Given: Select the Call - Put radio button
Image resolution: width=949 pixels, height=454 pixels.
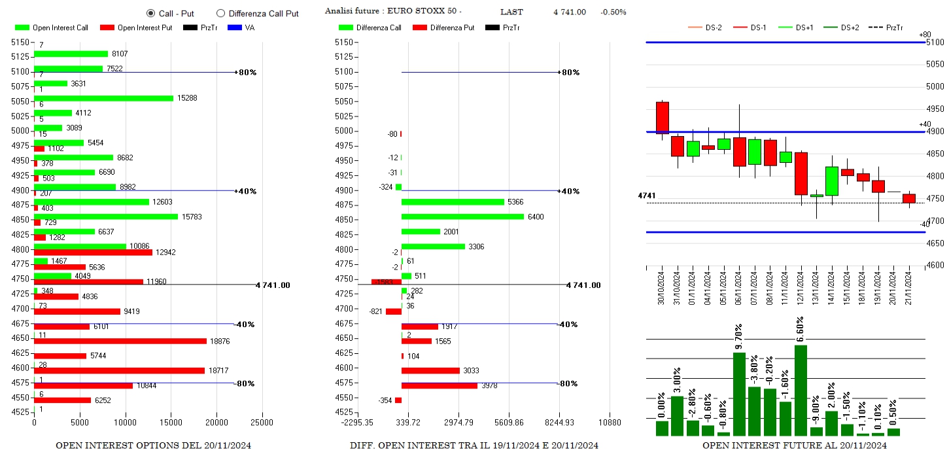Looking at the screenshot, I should (150, 13).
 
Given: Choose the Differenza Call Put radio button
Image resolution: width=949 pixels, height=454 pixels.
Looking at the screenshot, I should (220, 13).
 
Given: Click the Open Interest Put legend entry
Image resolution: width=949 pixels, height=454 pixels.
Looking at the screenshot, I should (137, 28).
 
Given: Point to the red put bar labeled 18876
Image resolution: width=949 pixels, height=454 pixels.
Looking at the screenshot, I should (120, 341).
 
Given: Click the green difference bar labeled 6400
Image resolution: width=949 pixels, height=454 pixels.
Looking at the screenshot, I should (462, 217).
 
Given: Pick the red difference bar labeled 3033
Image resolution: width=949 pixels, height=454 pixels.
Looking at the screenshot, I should (430, 370).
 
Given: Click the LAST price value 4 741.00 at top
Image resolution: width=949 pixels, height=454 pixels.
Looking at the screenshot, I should (570, 12).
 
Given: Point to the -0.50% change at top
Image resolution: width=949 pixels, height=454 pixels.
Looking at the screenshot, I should (613, 12).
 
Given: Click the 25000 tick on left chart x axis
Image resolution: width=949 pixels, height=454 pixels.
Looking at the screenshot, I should (262, 422).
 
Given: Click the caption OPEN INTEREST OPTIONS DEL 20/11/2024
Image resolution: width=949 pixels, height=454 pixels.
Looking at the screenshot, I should (153, 445).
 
